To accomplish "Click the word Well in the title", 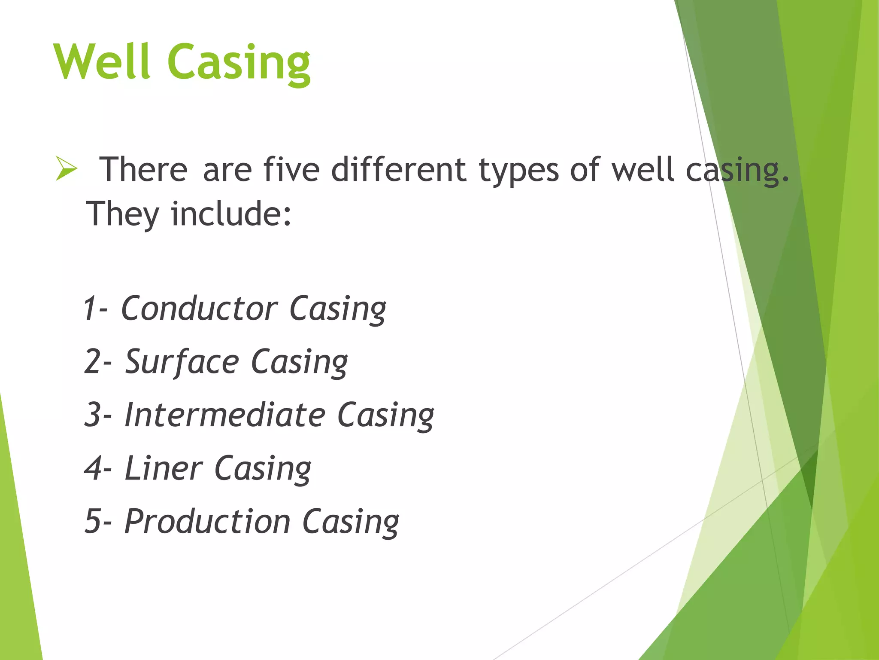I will tap(102, 62).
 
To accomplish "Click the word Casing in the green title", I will tap(239, 64).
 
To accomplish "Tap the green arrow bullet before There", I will tap(66, 169).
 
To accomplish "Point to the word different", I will tap(398, 170).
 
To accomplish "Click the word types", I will tap(518, 171).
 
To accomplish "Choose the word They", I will tap(123, 214).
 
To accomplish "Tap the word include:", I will tap(231, 214).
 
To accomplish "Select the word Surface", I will tap(182, 362).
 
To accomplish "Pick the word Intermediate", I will tap(224, 415).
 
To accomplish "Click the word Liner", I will tap(163, 468).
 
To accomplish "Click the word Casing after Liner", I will tap(263, 469).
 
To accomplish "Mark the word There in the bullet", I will tap(143, 170).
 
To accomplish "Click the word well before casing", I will tap(642, 170).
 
